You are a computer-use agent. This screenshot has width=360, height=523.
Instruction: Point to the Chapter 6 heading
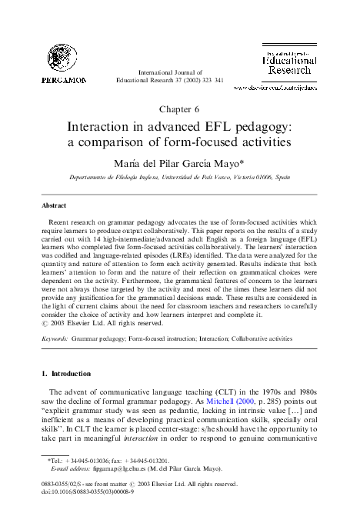click(180, 110)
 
